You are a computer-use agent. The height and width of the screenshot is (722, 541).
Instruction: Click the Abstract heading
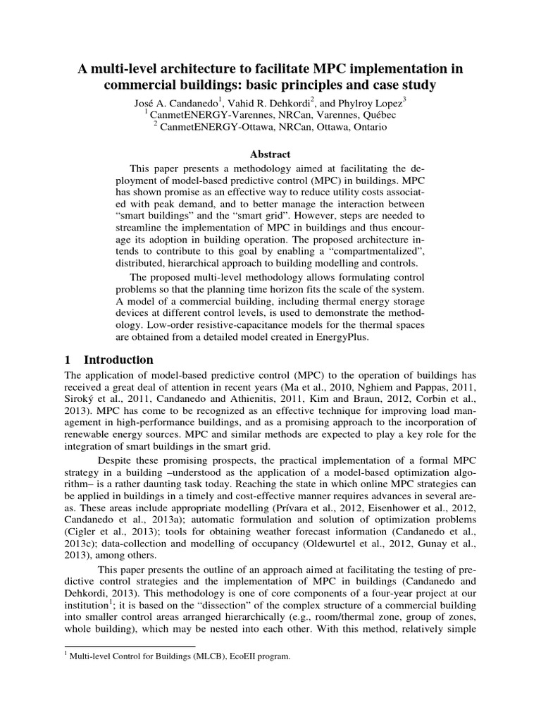click(x=270, y=154)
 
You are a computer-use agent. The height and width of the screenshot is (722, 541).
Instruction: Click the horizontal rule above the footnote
click(x=130, y=645)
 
